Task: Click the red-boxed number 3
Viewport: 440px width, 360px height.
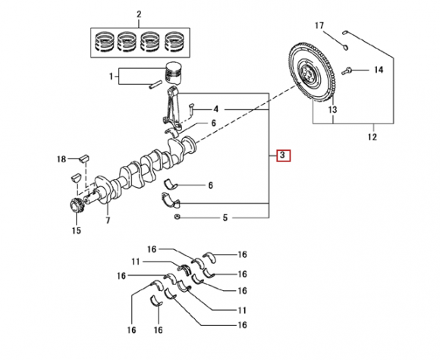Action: click(x=284, y=155)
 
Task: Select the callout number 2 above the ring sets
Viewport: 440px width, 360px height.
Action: click(x=139, y=14)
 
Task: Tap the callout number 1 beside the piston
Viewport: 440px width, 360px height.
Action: click(x=112, y=76)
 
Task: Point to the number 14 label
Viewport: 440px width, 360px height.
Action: click(x=379, y=70)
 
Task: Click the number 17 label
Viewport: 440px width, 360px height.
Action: click(x=319, y=26)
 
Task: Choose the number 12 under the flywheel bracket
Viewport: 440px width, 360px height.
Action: click(x=372, y=137)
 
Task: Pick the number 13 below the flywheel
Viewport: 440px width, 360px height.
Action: click(x=332, y=109)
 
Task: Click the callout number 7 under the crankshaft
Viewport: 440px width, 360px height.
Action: click(x=108, y=221)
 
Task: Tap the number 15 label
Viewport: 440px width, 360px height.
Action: click(x=76, y=230)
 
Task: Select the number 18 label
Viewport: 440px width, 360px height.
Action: click(x=61, y=159)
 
